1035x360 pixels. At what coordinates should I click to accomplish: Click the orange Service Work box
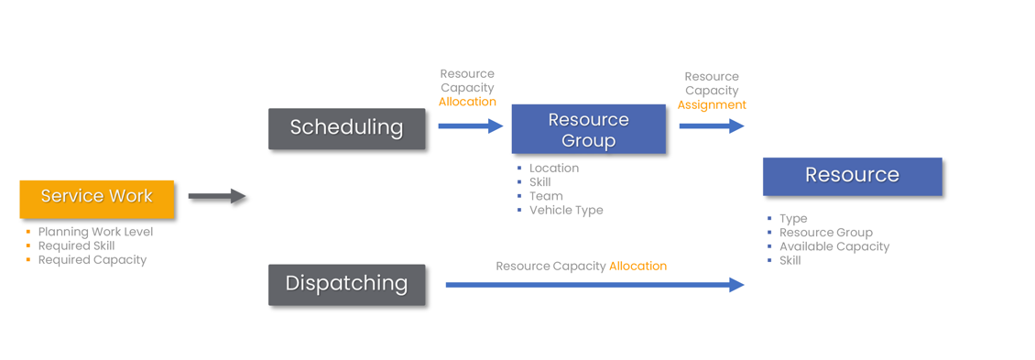pos(96,198)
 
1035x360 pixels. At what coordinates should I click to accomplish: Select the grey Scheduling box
pos(346,128)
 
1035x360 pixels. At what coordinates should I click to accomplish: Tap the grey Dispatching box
pos(346,284)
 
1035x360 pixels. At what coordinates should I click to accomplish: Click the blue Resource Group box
pos(588,129)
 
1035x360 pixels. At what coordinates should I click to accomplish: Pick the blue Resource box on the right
pos(852,176)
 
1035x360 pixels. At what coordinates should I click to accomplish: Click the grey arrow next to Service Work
pos(217,196)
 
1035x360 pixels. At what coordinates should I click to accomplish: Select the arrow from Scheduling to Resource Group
pos(470,125)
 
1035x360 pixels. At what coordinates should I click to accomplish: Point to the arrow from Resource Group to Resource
pos(711,126)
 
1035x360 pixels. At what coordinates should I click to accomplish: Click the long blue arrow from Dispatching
pos(594,285)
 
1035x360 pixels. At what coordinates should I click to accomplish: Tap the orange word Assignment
pos(712,105)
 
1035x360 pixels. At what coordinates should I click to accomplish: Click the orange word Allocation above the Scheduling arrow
pos(467,102)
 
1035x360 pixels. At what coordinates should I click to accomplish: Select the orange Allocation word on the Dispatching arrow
pos(637,266)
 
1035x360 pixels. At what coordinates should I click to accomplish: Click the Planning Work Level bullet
pos(95,232)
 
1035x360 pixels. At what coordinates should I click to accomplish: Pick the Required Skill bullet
pos(76,245)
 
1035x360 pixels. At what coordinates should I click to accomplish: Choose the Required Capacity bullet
pos(92,259)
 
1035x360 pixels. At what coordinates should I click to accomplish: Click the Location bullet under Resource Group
pos(553,168)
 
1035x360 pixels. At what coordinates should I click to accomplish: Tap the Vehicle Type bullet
pos(566,210)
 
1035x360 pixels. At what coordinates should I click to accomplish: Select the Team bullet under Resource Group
pos(546,196)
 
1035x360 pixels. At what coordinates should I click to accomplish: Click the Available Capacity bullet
pos(833,246)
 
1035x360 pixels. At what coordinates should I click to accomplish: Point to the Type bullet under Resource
pos(793,219)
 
